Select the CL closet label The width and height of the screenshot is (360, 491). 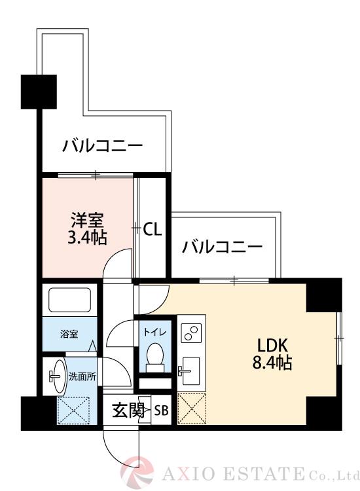[x=153, y=229]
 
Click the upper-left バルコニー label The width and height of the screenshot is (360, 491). [x=102, y=145]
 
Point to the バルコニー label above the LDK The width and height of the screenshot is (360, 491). [x=223, y=247]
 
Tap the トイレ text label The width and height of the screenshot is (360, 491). [x=154, y=332]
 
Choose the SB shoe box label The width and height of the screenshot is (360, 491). [x=161, y=410]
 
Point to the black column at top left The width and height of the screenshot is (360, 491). [x=39, y=91]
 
